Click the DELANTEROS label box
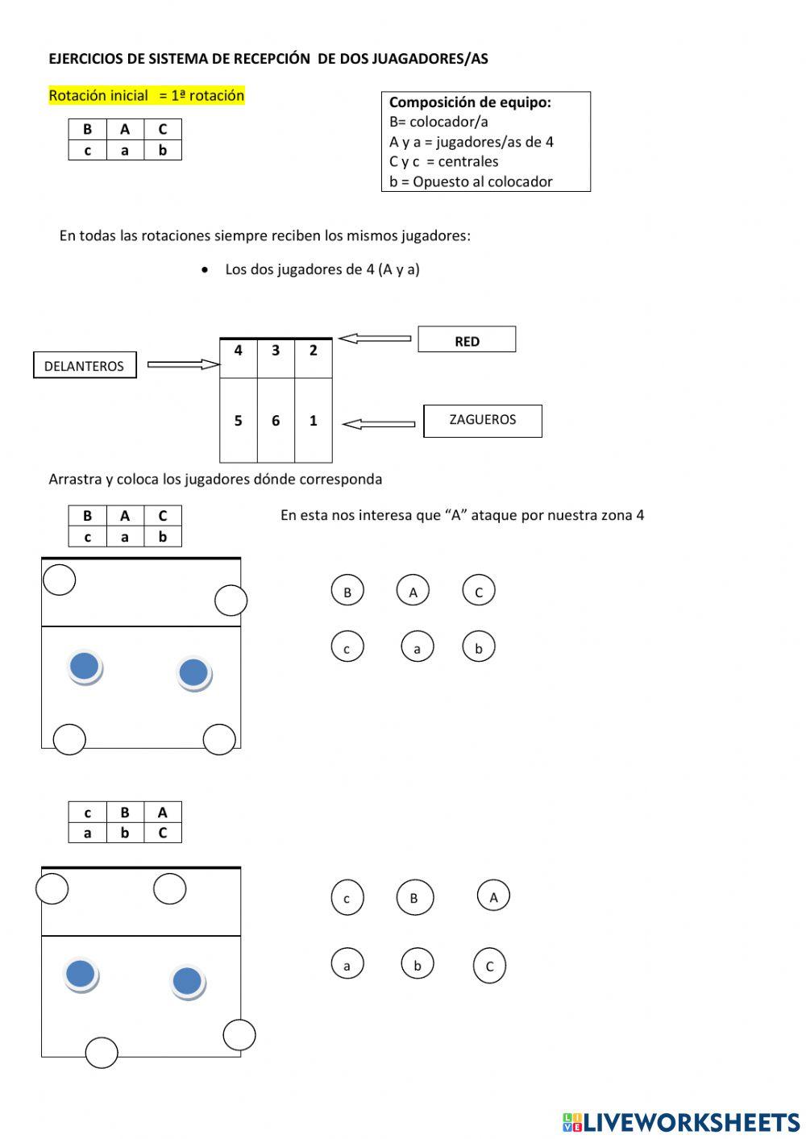point(85,365)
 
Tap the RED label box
point(467,340)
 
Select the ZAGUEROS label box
point(482,420)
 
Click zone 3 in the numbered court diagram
point(276,351)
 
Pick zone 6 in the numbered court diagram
point(276,421)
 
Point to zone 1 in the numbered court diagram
point(314,421)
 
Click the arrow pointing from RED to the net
point(375,339)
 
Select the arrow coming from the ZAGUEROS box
point(379,424)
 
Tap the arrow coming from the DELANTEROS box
point(184,365)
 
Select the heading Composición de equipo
point(470,102)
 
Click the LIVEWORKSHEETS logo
point(681,1121)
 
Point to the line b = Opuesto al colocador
point(471,181)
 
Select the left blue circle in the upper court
point(85,667)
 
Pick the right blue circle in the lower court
point(187,981)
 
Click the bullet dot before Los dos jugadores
point(206,269)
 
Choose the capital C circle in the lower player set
point(489,966)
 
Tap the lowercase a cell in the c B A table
point(87,833)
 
